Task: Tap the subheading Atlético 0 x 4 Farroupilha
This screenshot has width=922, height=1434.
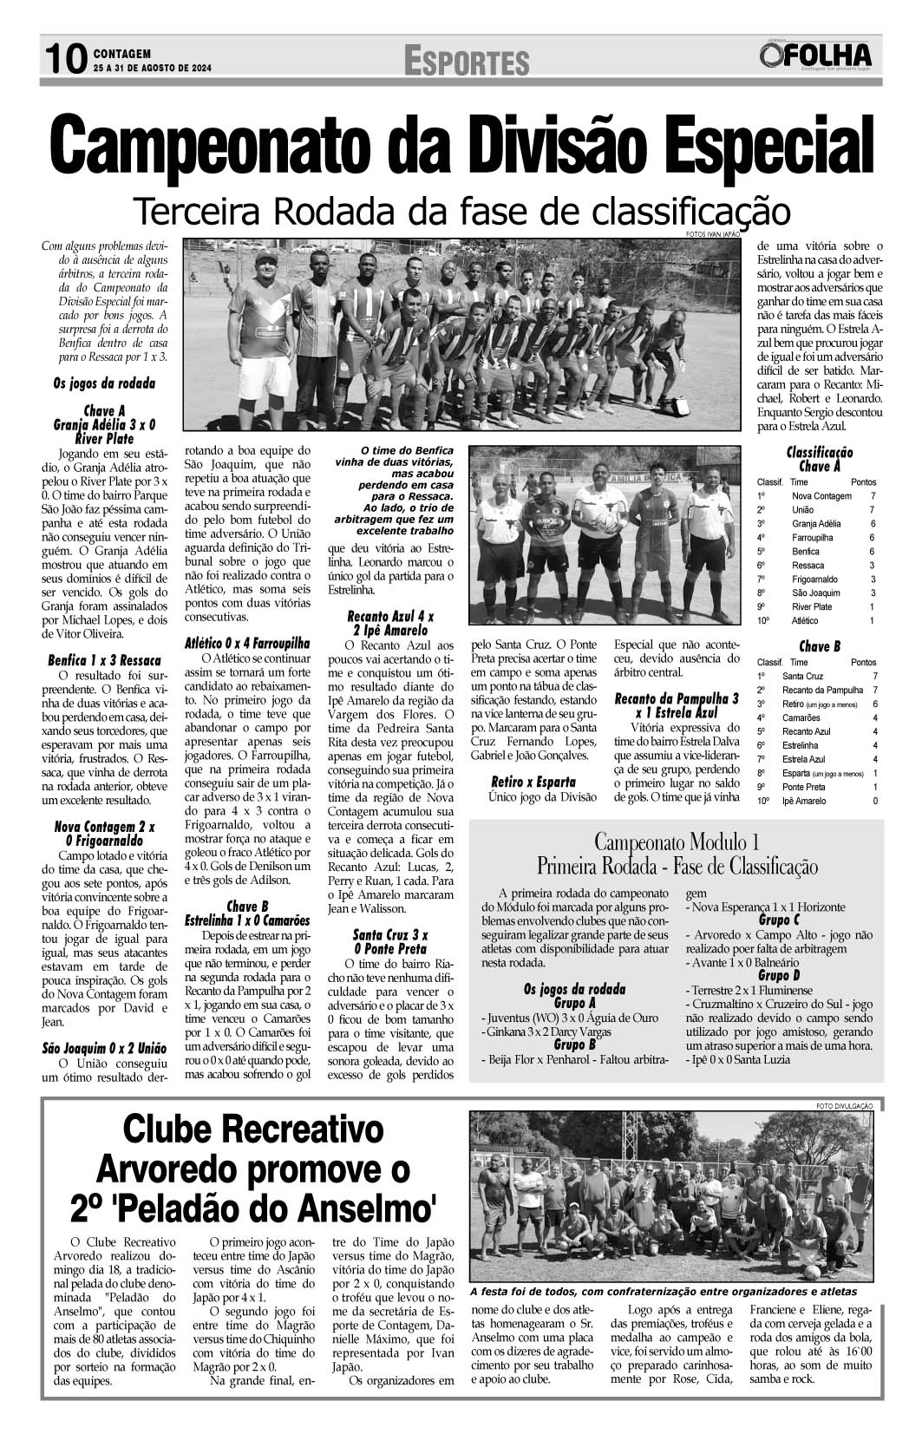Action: click(247, 644)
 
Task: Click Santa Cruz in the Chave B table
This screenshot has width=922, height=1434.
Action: click(802, 675)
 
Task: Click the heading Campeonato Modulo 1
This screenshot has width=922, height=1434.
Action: click(677, 841)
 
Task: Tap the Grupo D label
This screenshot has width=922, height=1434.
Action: click(778, 975)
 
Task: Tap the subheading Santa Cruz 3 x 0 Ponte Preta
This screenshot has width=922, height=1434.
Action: click(390, 940)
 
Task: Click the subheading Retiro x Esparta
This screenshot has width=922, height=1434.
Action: click(533, 782)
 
